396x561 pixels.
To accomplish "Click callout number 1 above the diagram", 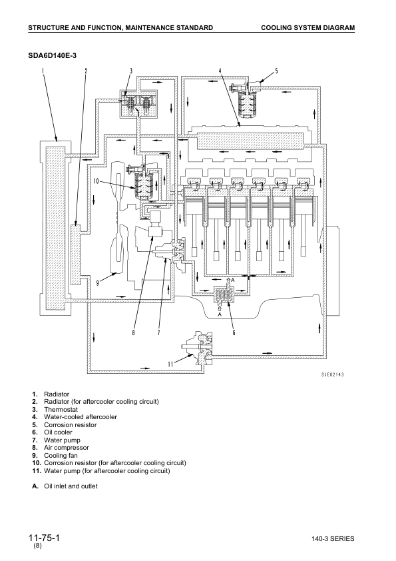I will [x=42, y=70].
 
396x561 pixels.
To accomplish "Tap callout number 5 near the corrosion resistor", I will [x=276, y=70].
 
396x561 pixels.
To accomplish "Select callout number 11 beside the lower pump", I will [x=170, y=364].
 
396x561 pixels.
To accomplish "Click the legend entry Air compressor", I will [x=66, y=448].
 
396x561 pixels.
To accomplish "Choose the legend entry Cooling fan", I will [x=61, y=455].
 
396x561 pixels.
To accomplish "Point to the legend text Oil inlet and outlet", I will [x=71, y=486].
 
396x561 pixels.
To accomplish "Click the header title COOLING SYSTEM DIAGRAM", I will [x=307, y=27].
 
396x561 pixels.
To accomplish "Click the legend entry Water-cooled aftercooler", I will [x=81, y=417].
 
